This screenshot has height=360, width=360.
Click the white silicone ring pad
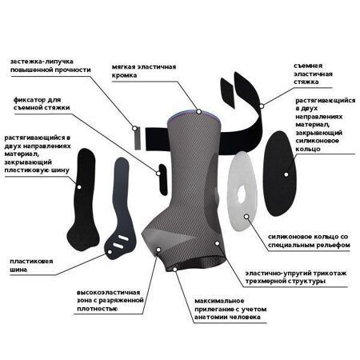pyautogui.click(x=242, y=191)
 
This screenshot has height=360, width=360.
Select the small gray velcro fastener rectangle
pyautogui.click(x=137, y=138)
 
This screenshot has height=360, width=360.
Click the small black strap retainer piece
pyautogui.click(x=162, y=179)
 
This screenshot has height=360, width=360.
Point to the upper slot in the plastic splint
pyautogui.click(x=123, y=238)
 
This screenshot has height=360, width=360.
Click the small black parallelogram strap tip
pyautogui.click(x=227, y=93)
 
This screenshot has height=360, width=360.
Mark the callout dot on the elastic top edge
pyautogui.click(x=198, y=111)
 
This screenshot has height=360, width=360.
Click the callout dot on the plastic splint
pyautogui.click(x=110, y=252)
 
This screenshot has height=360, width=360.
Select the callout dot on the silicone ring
pyautogui.click(x=247, y=216)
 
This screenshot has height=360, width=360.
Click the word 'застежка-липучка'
pyautogui.click(x=42, y=62)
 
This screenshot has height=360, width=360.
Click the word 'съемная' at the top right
pyautogui.click(x=308, y=66)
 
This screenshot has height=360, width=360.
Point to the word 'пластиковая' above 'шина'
pyautogui.click(x=31, y=262)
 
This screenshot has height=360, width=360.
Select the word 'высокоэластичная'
pyautogui.click(x=108, y=293)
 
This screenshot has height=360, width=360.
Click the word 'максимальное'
pyautogui.click(x=219, y=301)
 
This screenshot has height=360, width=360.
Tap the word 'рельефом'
pyautogui.click(x=333, y=245)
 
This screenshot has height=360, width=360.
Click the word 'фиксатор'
pyautogui.click(x=30, y=100)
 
